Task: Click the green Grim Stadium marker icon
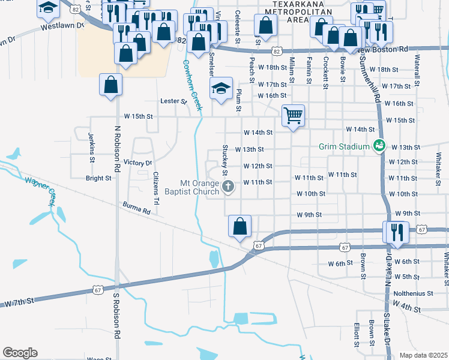(379, 146)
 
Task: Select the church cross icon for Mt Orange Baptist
(228, 187)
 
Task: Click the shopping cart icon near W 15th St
(293, 114)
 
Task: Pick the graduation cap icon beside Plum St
(221, 89)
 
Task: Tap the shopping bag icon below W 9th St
(240, 226)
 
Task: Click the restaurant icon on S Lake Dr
(397, 231)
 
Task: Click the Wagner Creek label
(40, 192)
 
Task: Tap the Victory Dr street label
(137, 163)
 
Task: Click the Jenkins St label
(92, 148)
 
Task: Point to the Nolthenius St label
(414, 293)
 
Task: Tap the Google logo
(19, 353)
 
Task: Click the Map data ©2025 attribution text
(423, 355)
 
